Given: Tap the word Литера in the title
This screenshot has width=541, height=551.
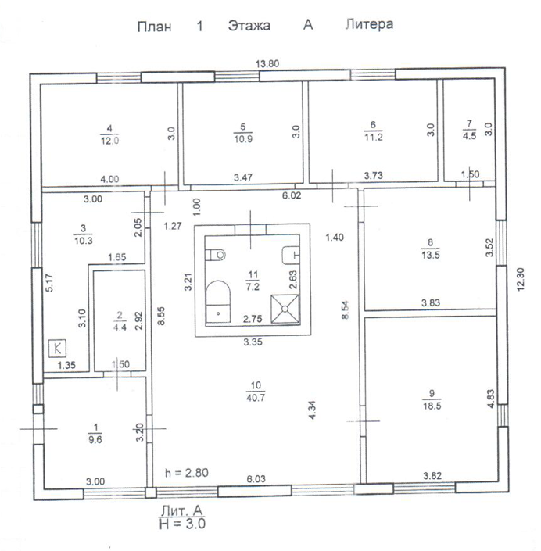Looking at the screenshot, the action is (368, 25).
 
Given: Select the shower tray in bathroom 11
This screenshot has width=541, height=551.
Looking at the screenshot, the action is (285, 308).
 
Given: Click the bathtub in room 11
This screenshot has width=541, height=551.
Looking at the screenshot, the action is (217, 300).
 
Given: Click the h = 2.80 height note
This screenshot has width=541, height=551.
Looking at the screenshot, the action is (186, 473).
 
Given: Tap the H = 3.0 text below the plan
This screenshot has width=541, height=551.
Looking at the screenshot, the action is (181, 524).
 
